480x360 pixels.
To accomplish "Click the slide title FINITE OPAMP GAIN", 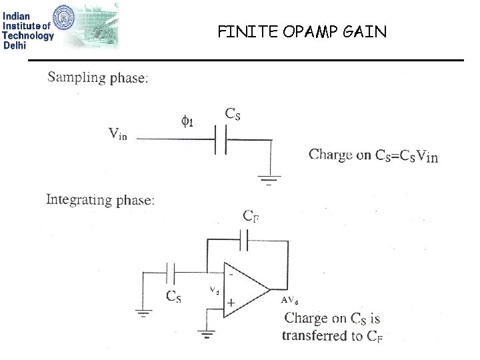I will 301,31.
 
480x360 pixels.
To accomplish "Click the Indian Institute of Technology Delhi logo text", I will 28,27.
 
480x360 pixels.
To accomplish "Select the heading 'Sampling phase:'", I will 98,77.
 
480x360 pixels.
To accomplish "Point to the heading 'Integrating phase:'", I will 100,199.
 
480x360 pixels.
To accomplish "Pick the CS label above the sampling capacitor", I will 233,114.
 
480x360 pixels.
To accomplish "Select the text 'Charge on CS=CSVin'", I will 373,155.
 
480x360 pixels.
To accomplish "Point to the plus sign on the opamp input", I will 230,302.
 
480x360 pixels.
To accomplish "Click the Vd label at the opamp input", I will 214,291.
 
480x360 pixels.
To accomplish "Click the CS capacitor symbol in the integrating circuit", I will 171,271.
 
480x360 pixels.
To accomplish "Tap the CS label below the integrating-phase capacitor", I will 173,297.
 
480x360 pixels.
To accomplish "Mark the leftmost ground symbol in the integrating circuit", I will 143,311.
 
